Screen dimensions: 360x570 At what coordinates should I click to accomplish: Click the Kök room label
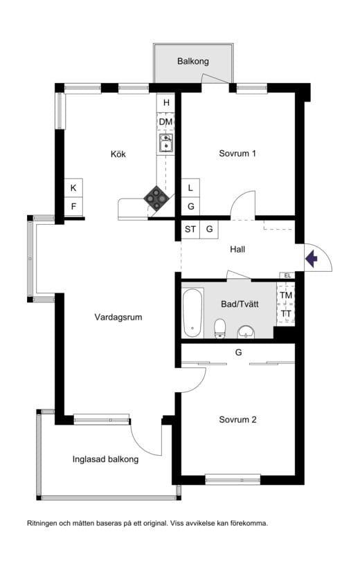point(118,154)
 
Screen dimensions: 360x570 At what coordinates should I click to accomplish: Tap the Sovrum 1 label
point(237,154)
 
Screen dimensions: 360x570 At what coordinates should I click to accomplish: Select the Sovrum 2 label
point(237,419)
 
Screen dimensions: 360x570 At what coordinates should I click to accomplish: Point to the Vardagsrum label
point(118,318)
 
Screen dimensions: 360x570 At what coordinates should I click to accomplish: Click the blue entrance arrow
point(312,259)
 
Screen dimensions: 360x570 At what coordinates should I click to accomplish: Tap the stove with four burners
point(156,198)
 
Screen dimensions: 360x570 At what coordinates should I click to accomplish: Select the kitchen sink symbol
point(165,142)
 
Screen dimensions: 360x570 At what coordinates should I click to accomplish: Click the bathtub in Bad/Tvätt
point(192,313)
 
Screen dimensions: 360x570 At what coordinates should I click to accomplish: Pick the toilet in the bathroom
point(220,329)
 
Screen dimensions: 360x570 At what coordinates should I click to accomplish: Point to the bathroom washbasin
point(246,331)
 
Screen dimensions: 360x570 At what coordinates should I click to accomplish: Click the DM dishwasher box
point(166,122)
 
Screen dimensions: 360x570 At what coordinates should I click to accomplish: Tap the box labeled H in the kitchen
point(166,103)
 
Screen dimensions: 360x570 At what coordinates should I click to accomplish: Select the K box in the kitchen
point(73,188)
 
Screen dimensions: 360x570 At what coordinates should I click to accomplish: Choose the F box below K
point(73,206)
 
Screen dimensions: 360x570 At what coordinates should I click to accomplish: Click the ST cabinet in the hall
point(190,230)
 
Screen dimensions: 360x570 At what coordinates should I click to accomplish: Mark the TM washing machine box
point(286,295)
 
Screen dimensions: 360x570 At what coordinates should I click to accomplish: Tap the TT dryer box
point(286,313)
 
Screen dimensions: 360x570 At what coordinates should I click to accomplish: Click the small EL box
point(287,275)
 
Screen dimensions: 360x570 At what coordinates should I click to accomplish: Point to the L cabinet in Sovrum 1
point(190,188)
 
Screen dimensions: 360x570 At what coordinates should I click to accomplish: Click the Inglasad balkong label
point(105,459)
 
